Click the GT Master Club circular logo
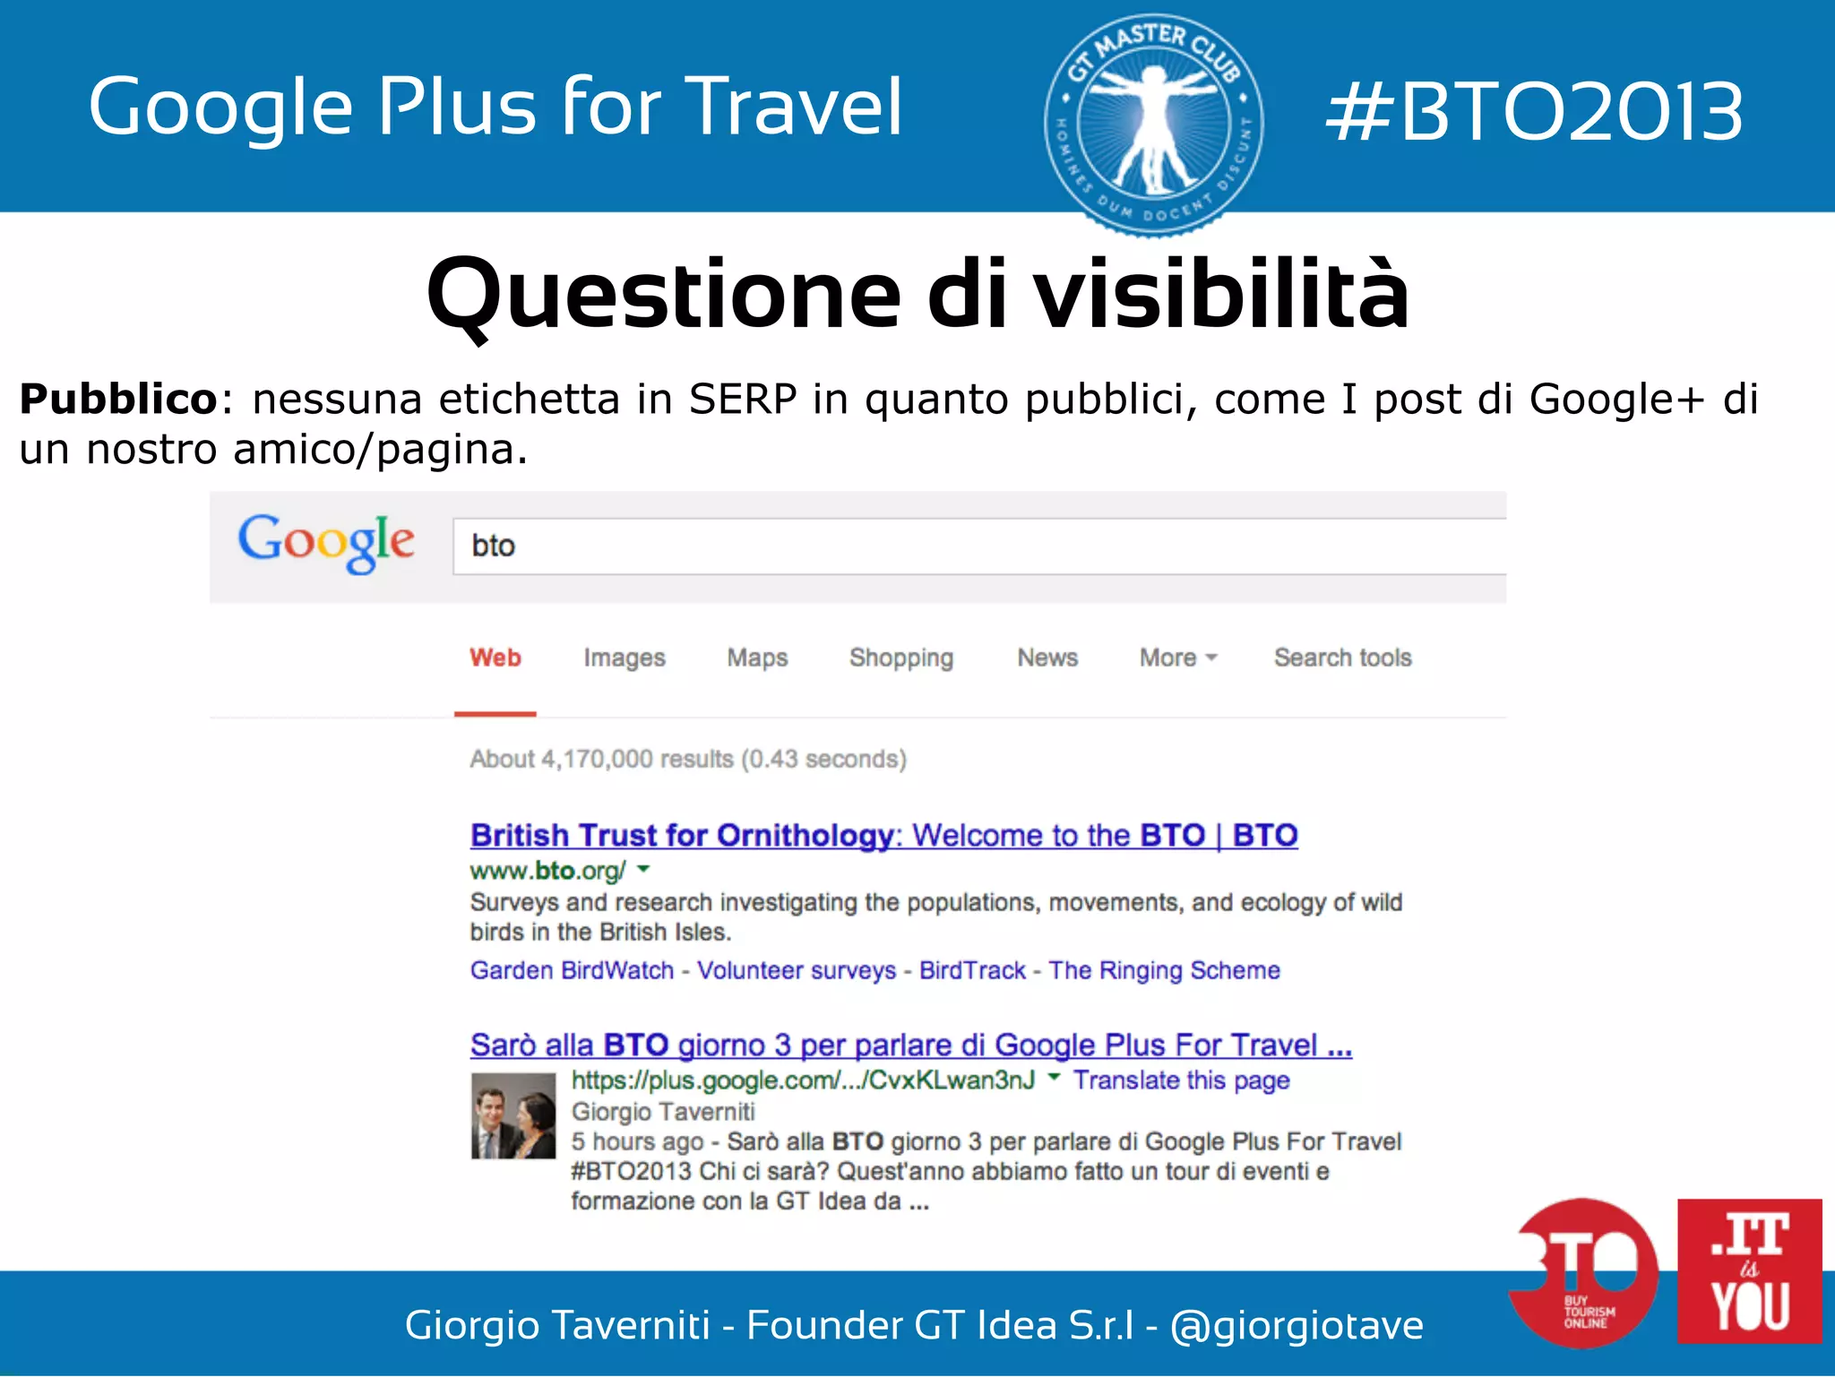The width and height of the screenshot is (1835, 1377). coord(1154,125)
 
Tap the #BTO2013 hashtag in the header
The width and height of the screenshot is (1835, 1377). coord(1534,111)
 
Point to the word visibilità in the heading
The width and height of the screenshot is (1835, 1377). coord(1222,294)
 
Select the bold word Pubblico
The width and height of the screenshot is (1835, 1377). coord(118,400)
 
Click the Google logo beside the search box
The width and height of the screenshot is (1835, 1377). coord(326,542)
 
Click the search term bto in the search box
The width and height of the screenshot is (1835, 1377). coord(493,546)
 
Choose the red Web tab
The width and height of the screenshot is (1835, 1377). coord(495,658)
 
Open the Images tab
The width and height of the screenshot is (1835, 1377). coord(625,658)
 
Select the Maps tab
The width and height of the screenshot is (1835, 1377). coord(757,658)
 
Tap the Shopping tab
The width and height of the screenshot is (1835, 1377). coord(901,658)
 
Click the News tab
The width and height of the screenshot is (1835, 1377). coord(1047,658)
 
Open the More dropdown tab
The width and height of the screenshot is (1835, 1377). coord(1177,658)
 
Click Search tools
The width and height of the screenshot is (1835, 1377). coord(1342,658)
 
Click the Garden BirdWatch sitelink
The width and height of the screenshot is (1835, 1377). coord(572,970)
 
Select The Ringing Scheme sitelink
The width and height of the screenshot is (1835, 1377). coord(1164,970)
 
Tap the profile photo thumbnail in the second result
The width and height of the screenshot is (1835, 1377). coord(513,1115)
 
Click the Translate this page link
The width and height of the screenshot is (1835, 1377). coord(1181,1080)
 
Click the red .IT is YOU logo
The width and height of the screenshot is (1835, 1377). coord(1749,1270)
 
